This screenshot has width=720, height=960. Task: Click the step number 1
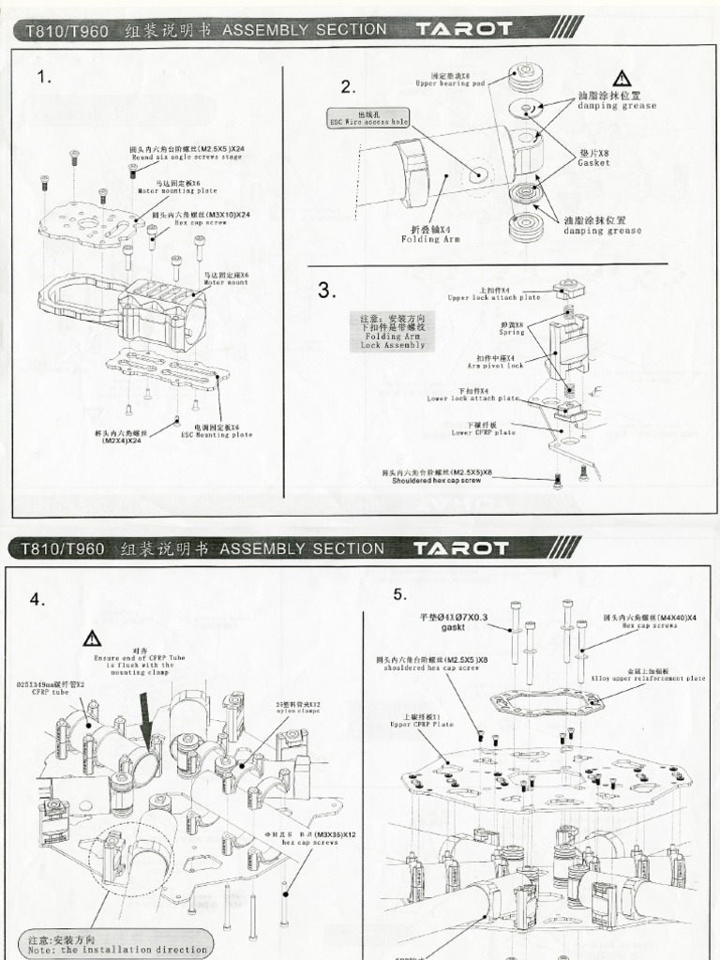(44, 79)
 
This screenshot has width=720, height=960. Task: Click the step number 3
(326, 291)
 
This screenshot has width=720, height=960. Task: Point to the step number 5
(400, 594)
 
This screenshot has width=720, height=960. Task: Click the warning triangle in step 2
(622, 79)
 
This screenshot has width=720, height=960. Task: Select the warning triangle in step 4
(92, 639)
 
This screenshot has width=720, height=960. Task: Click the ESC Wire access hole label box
(367, 118)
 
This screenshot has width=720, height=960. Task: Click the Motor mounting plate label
(176, 187)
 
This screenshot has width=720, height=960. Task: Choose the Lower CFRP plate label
(483, 429)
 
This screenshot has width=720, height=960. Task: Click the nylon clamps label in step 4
(298, 707)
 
